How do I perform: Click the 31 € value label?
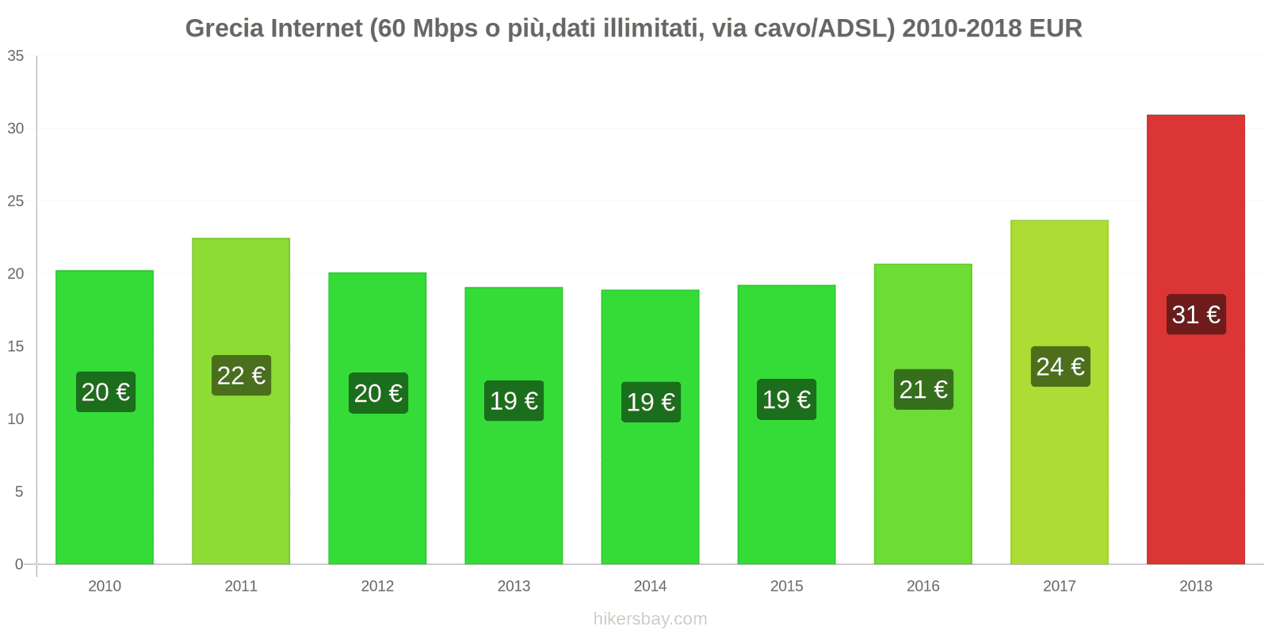(x=1196, y=315)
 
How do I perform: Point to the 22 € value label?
(x=241, y=376)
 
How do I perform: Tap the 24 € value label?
(x=1060, y=367)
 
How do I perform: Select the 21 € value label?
(x=923, y=390)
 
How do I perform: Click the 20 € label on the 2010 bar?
(x=105, y=392)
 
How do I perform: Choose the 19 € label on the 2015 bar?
(x=786, y=399)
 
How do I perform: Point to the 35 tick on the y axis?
(x=16, y=56)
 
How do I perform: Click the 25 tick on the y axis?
(x=16, y=201)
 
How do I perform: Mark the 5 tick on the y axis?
(x=19, y=492)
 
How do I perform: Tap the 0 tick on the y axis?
(x=19, y=564)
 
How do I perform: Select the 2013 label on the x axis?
(x=514, y=586)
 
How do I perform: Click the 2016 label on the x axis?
(x=922, y=586)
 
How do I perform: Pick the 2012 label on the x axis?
(x=377, y=586)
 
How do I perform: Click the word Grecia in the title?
(x=224, y=29)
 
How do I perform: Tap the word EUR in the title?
(x=1056, y=29)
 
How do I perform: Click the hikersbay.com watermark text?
(x=650, y=619)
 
